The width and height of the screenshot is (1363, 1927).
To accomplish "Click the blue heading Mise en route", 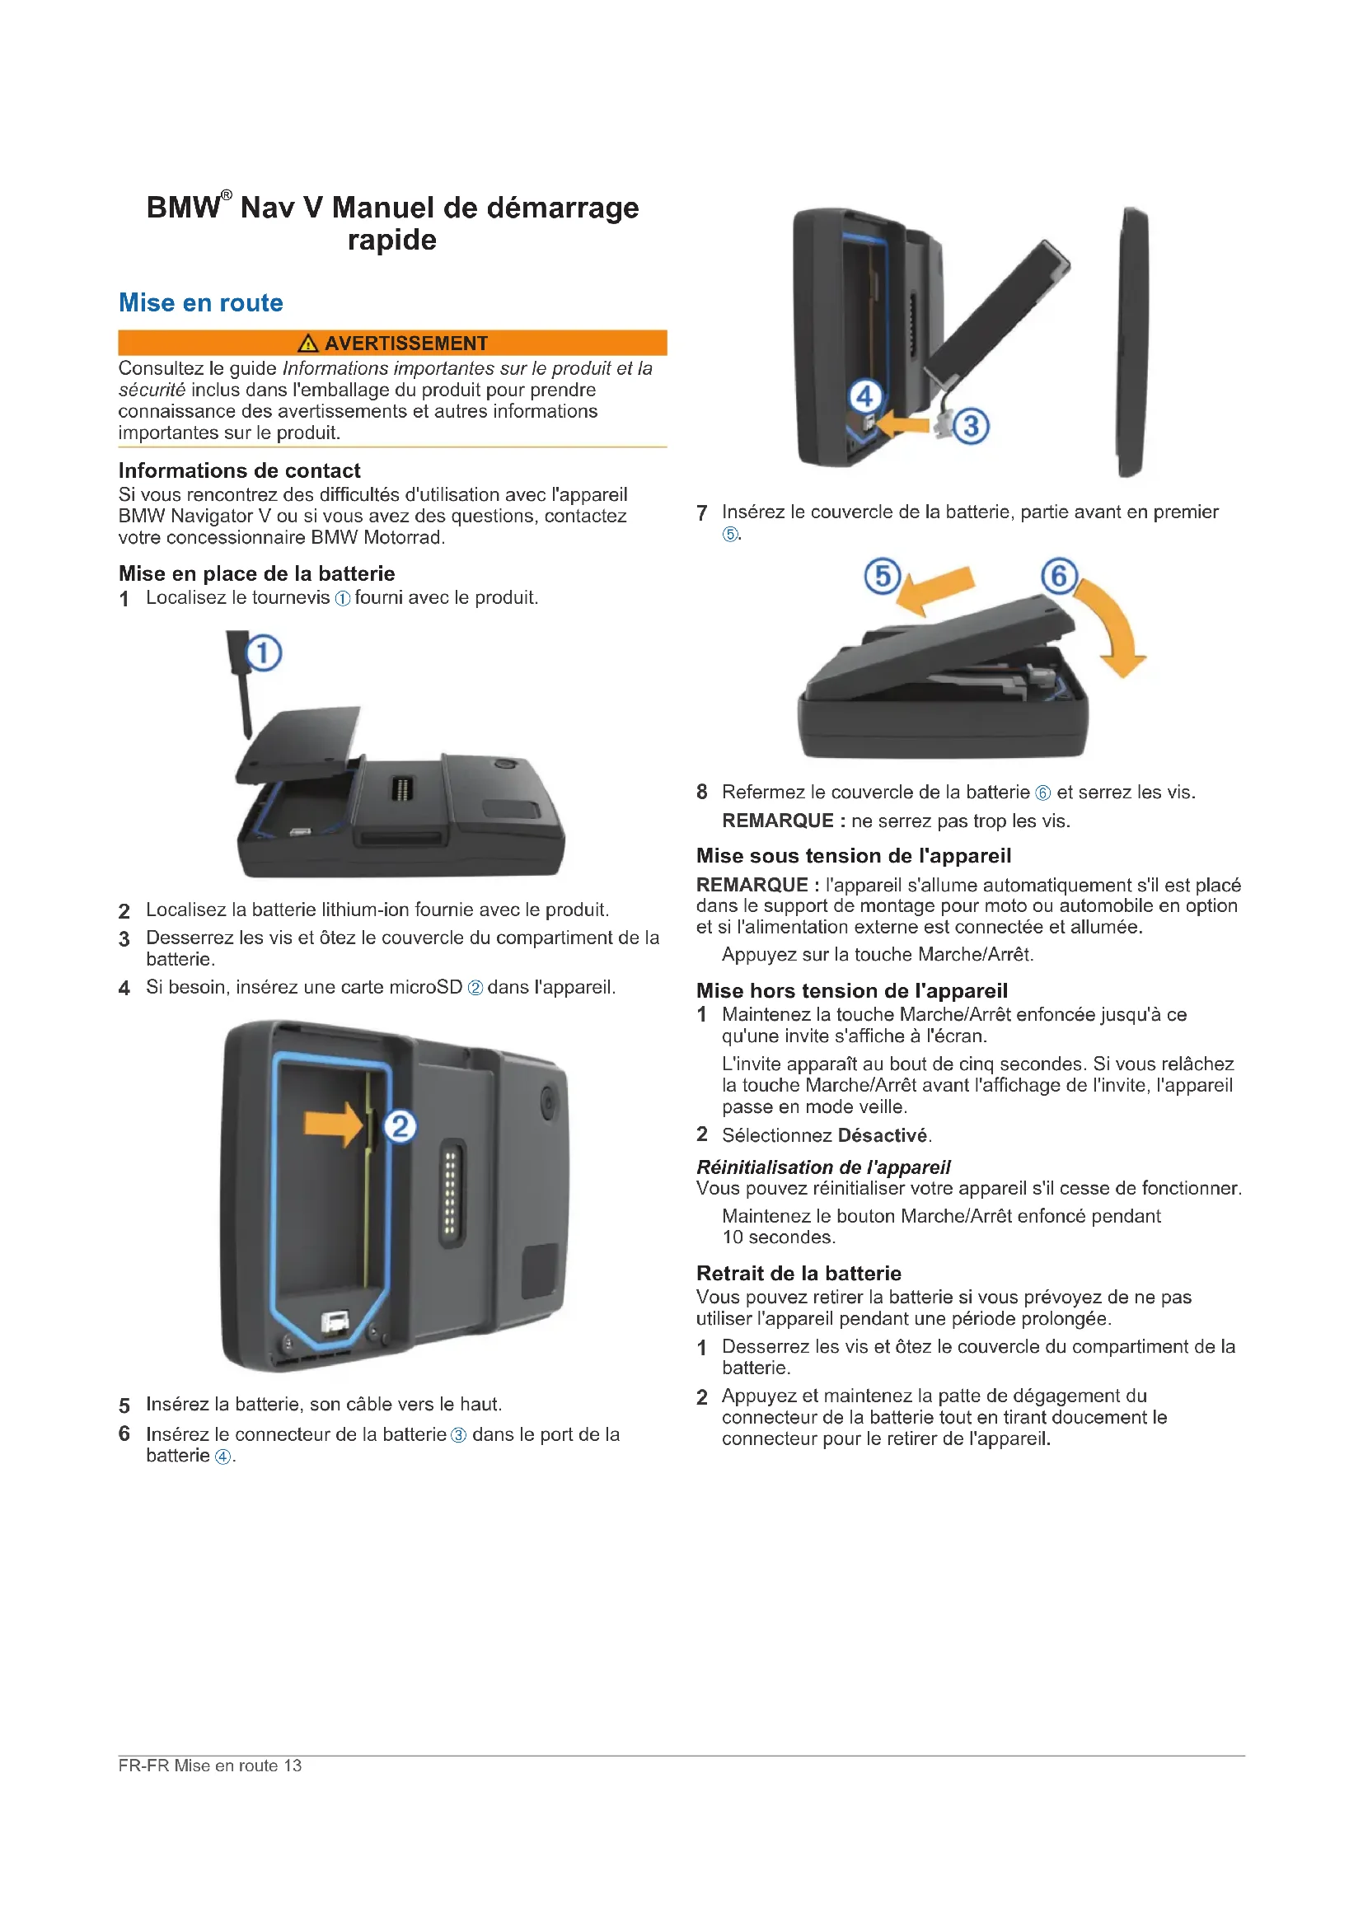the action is tap(200, 302).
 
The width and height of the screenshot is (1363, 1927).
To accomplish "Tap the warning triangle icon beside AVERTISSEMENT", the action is tap(308, 343).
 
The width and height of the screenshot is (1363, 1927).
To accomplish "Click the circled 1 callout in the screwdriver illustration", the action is tap(264, 653).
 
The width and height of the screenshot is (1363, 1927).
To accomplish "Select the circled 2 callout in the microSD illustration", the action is tap(400, 1125).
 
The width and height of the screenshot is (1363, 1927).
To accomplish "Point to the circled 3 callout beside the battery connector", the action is tap(971, 425).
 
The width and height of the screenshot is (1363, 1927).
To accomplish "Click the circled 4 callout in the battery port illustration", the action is tap(864, 395).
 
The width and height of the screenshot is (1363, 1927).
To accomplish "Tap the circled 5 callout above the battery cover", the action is tap(882, 577).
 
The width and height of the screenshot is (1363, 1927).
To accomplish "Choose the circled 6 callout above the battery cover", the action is tap(1059, 577).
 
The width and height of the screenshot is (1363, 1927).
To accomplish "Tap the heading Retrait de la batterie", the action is tap(799, 1273).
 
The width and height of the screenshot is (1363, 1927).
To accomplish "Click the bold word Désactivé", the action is tap(883, 1135).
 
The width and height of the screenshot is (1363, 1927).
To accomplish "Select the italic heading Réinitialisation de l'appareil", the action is tap(823, 1167).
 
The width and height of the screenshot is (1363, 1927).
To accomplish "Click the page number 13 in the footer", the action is tap(292, 1765).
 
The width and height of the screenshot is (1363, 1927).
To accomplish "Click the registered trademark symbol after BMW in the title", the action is tap(226, 195).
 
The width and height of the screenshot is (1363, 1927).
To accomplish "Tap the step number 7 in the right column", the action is tap(701, 512).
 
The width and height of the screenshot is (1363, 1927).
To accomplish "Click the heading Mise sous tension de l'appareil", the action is tap(854, 855).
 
